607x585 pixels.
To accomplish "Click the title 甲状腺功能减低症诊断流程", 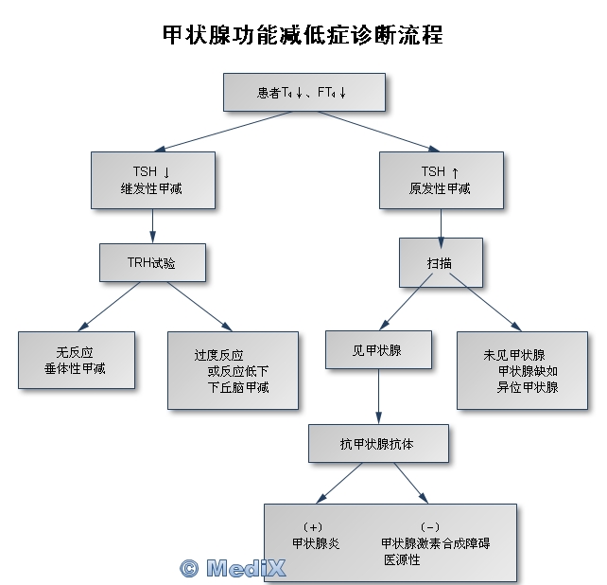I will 303,36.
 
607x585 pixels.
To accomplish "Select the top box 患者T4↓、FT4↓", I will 303,92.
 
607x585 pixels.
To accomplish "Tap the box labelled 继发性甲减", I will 152,180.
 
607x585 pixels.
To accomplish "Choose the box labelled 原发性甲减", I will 440,180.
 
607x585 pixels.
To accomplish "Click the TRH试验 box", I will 151,262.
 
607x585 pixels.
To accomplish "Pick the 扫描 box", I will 440,261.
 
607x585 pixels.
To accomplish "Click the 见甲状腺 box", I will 377,349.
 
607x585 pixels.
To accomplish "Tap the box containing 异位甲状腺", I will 522,370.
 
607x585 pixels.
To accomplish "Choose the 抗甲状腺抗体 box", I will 377,443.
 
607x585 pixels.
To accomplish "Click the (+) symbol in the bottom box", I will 313,526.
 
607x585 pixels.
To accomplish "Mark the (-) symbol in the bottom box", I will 429,526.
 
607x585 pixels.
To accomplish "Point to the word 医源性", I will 401,560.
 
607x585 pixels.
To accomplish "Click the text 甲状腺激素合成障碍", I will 435,543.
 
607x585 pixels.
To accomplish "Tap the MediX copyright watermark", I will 232,568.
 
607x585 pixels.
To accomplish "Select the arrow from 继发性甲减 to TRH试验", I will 152,226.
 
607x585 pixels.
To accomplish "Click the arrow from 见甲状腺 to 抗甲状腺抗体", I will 378,396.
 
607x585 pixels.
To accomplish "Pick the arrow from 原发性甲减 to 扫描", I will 441,223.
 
